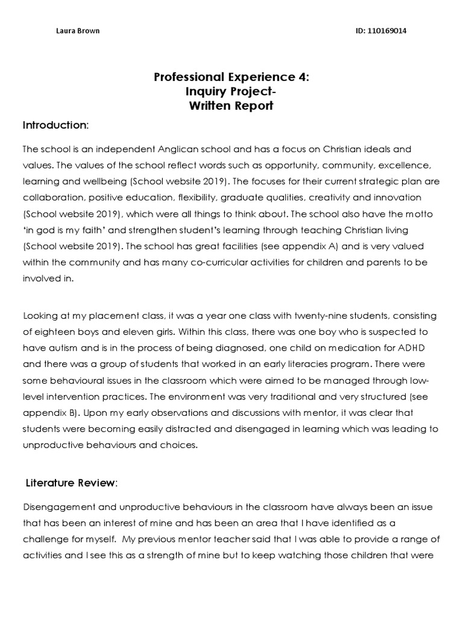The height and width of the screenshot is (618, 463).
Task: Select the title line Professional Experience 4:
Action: point(231,77)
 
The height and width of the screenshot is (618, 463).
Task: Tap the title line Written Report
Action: point(231,106)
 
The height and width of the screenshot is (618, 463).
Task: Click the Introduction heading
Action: point(55,126)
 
